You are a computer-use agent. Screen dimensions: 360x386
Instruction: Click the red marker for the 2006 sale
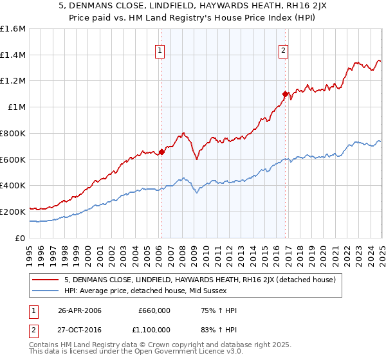point(161,152)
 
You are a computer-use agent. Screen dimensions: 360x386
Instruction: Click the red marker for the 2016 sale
point(285,94)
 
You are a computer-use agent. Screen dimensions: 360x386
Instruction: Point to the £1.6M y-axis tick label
point(13,29)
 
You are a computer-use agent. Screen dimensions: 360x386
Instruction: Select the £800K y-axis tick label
point(13,133)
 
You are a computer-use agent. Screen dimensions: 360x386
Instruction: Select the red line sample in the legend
point(46,280)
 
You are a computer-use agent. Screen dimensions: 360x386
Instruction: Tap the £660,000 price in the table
point(154,310)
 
